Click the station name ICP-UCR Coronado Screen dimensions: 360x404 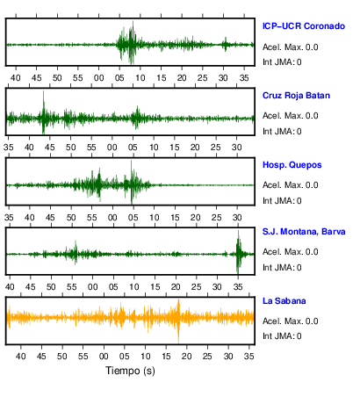pos(304,26)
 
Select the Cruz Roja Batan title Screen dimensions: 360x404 pos(296,96)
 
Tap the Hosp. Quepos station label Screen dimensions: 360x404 pos(292,165)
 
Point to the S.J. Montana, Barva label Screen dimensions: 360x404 pos(304,232)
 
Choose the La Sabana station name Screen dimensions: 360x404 pos(284,301)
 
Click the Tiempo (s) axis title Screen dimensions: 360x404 pos(130,371)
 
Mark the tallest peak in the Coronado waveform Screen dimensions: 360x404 pos(133,22)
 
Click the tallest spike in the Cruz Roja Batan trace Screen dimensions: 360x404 pos(43,91)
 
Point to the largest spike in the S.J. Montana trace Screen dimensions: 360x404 pos(238,231)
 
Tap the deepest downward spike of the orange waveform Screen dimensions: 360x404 pos(178,343)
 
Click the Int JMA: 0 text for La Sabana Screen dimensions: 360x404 pos(282,336)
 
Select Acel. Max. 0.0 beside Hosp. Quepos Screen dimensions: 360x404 pos(290,185)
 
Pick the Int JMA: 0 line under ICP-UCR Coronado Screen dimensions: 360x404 pos(282,62)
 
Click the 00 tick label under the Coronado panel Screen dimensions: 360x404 pos(98,78)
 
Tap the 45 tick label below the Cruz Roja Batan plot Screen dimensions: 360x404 pos(49,148)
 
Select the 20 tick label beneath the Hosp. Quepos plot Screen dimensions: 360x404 pos(195,218)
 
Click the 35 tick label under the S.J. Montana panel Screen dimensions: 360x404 pos(238,287)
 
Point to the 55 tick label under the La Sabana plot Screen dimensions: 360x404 pos(83,357)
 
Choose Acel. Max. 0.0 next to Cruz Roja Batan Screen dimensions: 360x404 pos(290,116)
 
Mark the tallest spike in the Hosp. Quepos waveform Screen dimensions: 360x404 pos(131,162)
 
